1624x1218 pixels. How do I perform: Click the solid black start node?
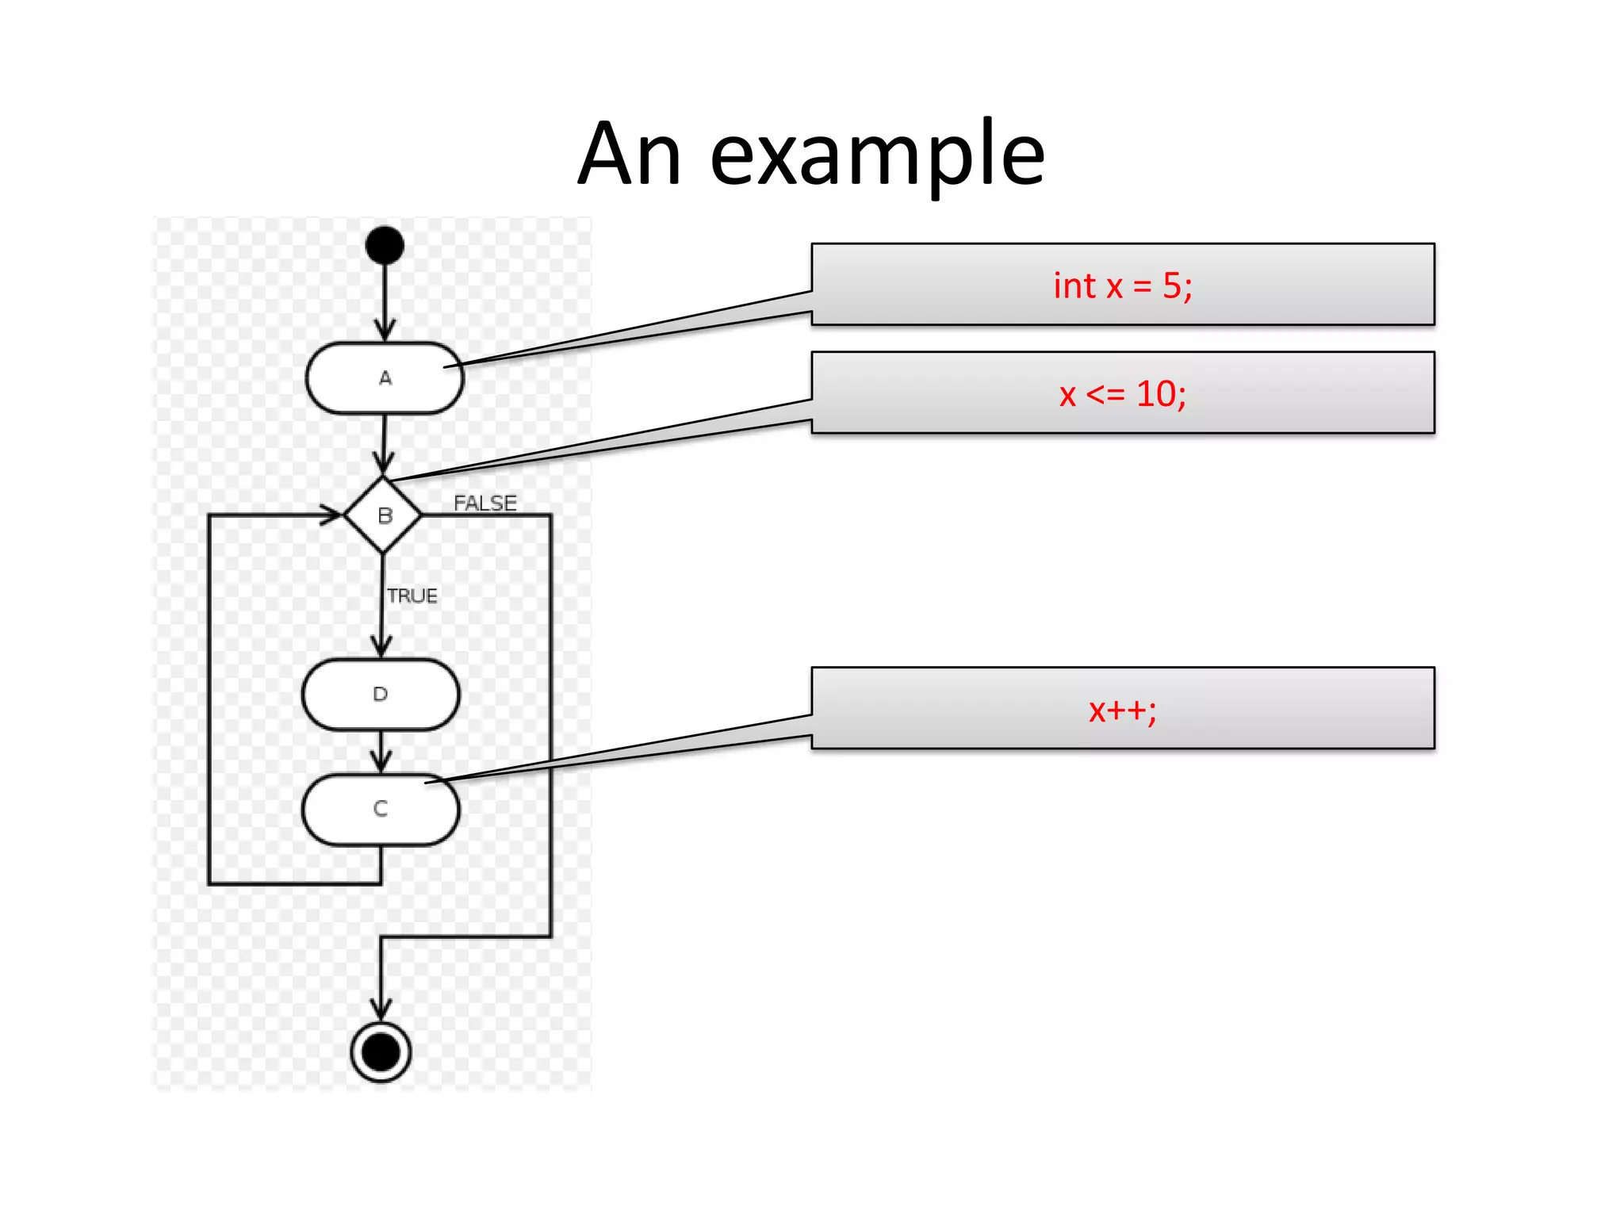point(385,245)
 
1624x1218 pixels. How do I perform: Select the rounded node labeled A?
point(385,378)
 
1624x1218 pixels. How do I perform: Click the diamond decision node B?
point(383,515)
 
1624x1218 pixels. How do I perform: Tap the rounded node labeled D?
point(381,695)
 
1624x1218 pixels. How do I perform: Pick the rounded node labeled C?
point(381,810)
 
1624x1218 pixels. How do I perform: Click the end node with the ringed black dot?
point(381,1052)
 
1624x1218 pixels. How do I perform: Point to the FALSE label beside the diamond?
point(485,504)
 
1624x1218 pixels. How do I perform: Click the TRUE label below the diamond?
point(412,596)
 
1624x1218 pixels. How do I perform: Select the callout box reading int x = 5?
point(1122,285)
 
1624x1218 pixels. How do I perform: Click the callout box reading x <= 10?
point(1122,393)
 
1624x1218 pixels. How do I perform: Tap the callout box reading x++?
point(1122,709)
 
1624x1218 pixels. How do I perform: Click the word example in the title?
point(877,155)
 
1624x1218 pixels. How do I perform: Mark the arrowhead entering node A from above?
point(385,331)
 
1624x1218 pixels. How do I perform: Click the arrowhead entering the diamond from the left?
point(331,515)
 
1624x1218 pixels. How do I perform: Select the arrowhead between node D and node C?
point(381,763)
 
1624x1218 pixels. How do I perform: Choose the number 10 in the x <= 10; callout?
point(1156,393)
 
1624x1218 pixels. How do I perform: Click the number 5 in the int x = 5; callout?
point(1172,285)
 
